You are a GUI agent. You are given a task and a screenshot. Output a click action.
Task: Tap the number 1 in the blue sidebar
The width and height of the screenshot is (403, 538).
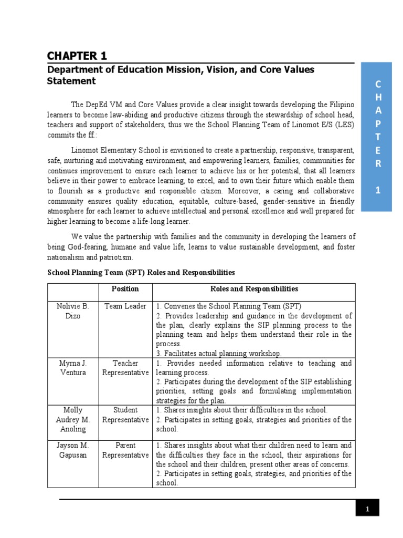tap(377, 191)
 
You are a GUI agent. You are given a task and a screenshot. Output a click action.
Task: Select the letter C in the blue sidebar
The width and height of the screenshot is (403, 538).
tap(377, 85)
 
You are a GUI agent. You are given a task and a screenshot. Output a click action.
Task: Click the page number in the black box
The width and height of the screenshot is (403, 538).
tap(367, 509)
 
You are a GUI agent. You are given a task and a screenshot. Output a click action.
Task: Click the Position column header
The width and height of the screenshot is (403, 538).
tap(125, 289)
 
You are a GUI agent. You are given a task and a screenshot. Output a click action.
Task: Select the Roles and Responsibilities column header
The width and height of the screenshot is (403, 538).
tap(254, 289)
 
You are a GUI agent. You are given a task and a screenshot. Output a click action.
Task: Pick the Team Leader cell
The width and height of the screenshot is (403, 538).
tap(125, 306)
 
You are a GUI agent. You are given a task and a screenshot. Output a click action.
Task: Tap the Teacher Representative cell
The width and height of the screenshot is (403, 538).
tap(125, 368)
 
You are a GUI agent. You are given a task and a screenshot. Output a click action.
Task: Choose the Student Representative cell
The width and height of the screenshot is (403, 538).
tap(125, 415)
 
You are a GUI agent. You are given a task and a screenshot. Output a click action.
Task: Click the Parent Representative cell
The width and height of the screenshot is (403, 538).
tap(125, 450)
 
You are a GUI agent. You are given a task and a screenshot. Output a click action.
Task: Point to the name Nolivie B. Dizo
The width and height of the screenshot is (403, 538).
tap(73, 311)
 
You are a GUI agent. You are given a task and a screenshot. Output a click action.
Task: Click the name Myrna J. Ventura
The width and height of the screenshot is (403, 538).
tap(73, 368)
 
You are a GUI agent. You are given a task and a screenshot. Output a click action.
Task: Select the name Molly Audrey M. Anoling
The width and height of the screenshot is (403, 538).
tap(73, 419)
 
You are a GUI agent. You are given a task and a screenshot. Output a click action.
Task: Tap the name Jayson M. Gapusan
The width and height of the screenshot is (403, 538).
tap(73, 450)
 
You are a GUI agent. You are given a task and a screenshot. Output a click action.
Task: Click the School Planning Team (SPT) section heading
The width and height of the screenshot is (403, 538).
tap(141, 273)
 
